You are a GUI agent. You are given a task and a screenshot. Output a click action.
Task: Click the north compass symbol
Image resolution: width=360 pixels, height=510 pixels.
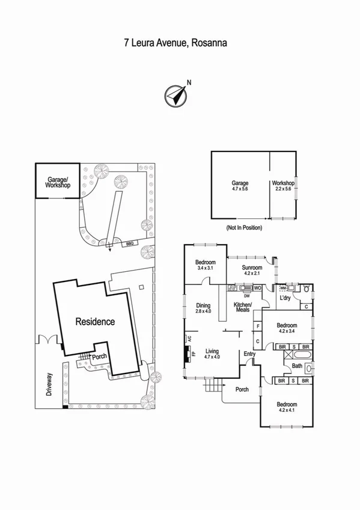(x=175, y=94)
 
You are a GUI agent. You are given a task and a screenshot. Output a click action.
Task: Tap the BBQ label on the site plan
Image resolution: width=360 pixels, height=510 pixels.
(x=129, y=244)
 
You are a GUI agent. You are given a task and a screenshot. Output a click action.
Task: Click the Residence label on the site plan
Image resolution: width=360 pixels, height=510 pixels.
(x=94, y=322)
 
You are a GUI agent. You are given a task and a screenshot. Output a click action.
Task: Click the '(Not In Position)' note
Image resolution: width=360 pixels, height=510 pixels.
(x=244, y=228)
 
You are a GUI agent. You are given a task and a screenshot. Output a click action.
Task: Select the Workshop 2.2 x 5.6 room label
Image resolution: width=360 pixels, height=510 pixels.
(x=282, y=186)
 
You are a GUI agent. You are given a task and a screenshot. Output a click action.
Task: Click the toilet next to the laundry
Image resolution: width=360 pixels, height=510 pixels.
(x=307, y=289)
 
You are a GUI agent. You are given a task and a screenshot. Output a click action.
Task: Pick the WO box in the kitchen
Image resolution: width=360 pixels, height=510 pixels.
(x=257, y=288)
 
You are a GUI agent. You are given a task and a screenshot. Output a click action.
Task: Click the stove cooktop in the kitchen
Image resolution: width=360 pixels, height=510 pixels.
(x=232, y=289)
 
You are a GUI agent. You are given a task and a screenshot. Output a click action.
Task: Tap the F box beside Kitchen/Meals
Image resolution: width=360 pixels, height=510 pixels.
(x=258, y=327)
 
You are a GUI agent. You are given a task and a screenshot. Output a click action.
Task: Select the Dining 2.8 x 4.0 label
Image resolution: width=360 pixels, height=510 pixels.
(x=203, y=308)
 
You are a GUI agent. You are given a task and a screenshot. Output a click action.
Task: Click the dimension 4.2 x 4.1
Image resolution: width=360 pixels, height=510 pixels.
(x=287, y=411)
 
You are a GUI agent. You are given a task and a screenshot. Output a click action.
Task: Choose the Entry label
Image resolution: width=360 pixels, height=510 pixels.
(x=249, y=354)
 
